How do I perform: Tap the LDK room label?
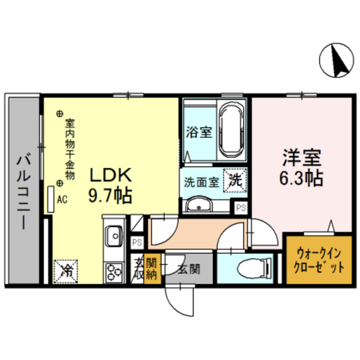(110, 175)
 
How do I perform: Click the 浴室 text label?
(199, 133)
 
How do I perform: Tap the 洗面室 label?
(201, 182)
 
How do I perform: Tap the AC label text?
(62, 199)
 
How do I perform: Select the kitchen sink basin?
(115, 233)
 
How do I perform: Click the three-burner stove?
(115, 272)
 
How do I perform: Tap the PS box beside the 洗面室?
(241, 208)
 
